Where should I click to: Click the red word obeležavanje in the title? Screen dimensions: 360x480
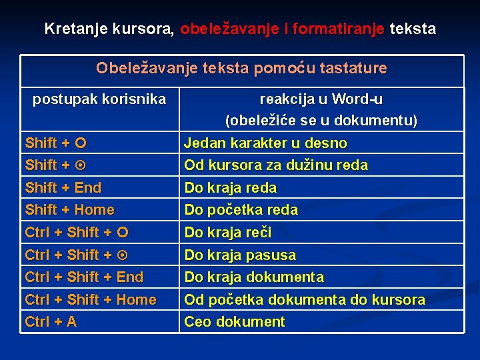point(230,29)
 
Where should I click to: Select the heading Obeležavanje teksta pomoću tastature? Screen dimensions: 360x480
point(241,68)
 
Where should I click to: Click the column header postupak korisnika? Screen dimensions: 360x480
point(99,99)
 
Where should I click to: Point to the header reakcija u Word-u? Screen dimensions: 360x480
point(321,99)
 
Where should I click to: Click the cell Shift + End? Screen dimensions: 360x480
point(63,187)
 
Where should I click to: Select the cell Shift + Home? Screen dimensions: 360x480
point(70,210)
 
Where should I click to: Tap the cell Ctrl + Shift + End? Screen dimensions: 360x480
point(84,277)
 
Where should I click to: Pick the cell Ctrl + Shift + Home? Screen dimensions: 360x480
point(91,299)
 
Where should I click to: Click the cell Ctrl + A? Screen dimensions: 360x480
point(51,322)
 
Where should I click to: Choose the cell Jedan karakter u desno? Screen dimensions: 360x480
point(265,143)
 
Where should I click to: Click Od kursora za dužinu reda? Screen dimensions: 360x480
point(276,165)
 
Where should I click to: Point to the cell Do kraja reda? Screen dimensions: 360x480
point(231,187)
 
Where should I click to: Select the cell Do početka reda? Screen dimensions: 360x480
point(241,210)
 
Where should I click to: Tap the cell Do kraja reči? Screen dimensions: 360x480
point(228,233)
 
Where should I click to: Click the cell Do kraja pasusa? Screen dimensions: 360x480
point(240,255)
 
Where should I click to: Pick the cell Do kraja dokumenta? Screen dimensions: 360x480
point(254,277)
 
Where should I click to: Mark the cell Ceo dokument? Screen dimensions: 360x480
point(235,322)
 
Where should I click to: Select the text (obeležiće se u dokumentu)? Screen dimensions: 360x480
point(321,121)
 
